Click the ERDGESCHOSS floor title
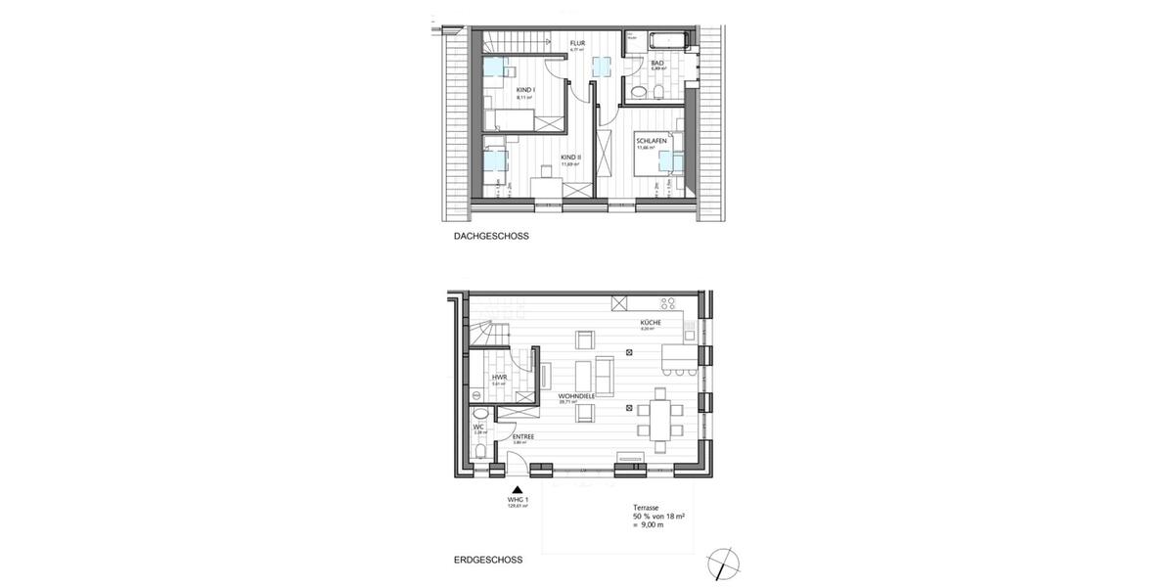(488, 561)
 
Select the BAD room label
(657, 64)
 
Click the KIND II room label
(570, 157)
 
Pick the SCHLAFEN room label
(651, 141)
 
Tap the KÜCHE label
(651, 323)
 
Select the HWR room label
(498, 376)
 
